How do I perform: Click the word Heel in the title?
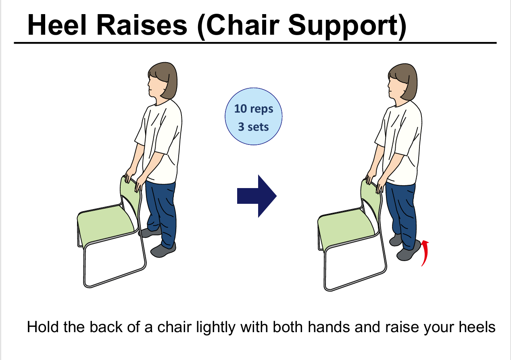click(57, 25)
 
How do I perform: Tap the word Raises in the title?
click(142, 25)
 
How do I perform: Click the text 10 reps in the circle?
click(253, 109)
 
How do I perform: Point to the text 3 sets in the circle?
click(253, 127)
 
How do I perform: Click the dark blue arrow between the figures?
click(257, 196)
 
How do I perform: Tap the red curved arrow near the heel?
click(425, 253)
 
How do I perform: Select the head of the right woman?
click(403, 82)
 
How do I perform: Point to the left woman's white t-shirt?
click(160, 142)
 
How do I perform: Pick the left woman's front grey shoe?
click(163, 250)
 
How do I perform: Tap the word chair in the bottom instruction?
click(174, 327)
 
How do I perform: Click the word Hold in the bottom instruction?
click(43, 327)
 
